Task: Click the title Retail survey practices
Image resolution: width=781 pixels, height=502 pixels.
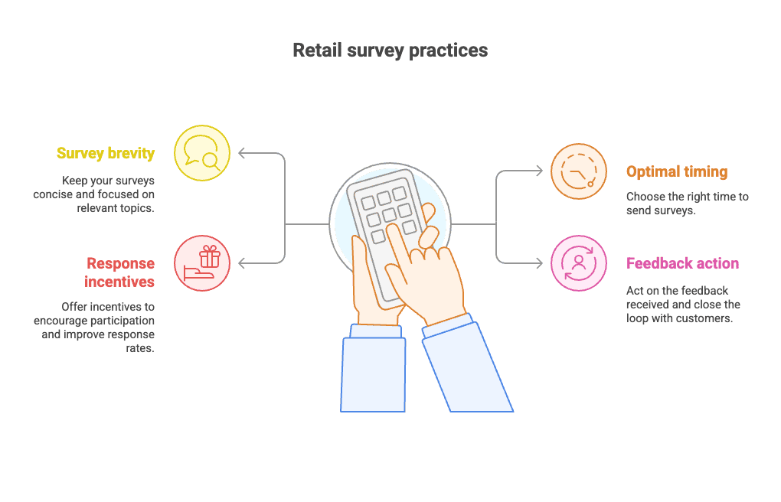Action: coord(390,51)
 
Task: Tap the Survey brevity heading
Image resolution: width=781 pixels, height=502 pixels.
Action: coord(106,153)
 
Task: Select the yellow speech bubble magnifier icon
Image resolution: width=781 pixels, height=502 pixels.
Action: coord(202,153)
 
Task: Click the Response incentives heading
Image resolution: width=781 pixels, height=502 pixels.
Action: coord(120,272)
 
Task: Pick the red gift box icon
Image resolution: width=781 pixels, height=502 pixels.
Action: coord(202,263)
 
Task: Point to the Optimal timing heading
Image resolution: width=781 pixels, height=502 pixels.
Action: coord(676,171)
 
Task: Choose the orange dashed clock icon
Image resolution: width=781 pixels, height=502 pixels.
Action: coord(578,172)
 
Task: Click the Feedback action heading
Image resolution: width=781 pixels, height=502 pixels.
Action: coord(682,263)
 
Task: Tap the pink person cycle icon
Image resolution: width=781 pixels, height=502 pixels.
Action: coord(578,263)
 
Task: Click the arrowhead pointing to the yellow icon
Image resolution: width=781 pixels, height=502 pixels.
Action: coord(243,153)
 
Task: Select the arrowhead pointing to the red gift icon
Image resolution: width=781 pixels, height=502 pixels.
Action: coord(243,263)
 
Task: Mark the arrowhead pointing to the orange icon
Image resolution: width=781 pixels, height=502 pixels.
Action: coord(540,172)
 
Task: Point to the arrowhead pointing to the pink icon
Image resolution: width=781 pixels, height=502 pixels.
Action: coord(540,263)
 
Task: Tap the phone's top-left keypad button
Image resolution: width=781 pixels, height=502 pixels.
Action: coord(367,201)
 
